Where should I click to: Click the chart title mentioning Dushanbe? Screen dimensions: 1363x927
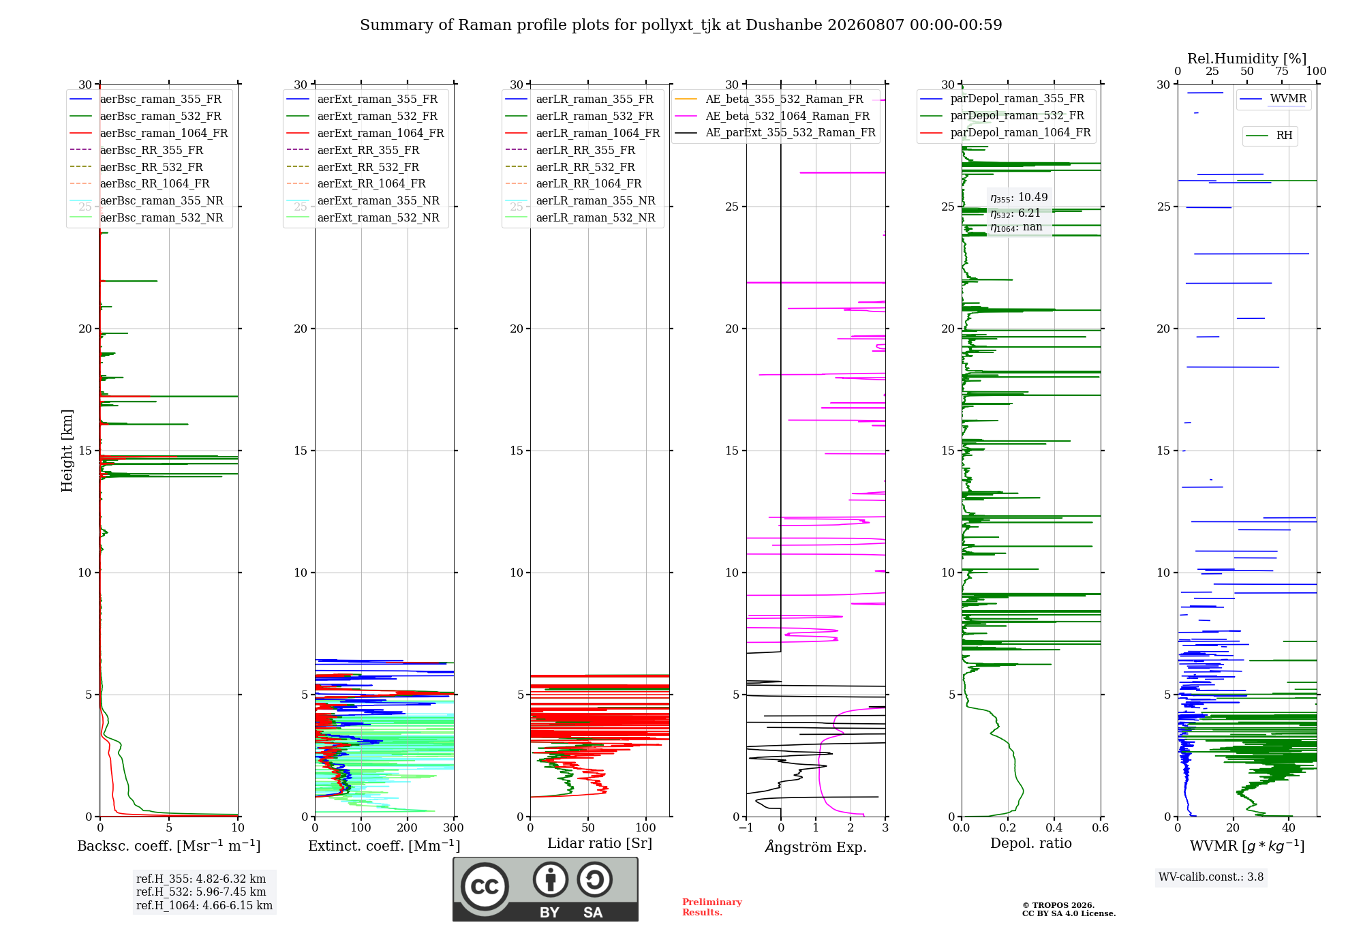click(x=681, y=25)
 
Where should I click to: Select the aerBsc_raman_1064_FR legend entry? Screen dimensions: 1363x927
click(x=149, y=133)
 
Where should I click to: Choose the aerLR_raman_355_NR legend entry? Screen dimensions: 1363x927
click(x=580, y=200)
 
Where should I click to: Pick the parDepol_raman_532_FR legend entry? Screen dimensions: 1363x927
click(x=1002, y=116)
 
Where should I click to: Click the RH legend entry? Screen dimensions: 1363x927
click(x=1269, y=136)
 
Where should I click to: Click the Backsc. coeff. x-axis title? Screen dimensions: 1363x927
click(x=169, y=846)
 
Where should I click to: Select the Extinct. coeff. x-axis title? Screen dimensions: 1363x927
click(x=384, y=846)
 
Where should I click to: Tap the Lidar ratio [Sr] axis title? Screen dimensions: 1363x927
click(x=600, y=843)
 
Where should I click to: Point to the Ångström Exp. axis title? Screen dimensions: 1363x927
click(x=816, y=847)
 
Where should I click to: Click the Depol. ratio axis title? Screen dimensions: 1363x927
click(x=1031, y=843)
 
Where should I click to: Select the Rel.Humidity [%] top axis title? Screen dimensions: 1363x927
click(x=1247, y=59)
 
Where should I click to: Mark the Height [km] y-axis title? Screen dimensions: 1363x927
click(x=67, y=451)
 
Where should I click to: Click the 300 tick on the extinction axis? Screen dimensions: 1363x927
click(x=453, y=827)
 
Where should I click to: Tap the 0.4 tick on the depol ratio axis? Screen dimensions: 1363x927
click(x=1054, y=827)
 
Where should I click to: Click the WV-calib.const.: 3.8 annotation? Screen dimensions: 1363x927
click(x=1211, y=877)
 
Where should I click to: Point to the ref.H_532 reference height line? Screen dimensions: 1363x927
click(x=201, y=892)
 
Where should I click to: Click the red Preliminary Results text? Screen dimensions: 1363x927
click(x=712, y=907)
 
